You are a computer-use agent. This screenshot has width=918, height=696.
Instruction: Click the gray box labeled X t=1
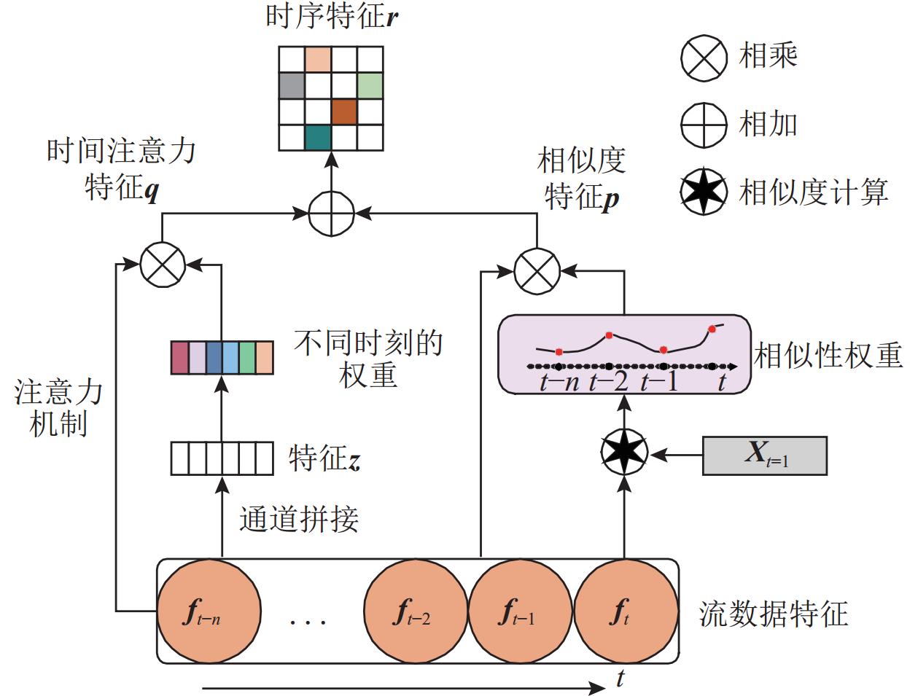[764, 455]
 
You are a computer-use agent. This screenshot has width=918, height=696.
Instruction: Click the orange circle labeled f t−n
[209, 611]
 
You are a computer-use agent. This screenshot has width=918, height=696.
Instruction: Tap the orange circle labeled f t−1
[519, 611]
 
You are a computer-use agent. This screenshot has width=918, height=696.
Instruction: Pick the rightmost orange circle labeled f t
[624, 611]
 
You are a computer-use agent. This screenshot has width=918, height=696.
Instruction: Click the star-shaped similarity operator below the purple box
[624, 453]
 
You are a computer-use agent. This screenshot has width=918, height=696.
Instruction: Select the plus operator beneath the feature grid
[331, 214]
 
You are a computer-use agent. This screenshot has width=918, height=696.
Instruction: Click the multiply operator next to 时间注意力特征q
[163, 265]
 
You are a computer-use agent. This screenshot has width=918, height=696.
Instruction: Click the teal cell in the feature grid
[318, 137]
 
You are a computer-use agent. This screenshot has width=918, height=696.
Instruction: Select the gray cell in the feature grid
[292, 85]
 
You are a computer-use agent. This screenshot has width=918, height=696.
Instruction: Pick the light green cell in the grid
[370, 85]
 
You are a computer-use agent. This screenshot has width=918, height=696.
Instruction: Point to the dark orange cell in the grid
[344, 112]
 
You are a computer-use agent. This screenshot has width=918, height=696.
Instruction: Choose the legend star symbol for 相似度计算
[704, 192]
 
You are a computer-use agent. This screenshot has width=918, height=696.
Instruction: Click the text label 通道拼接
[299, 519]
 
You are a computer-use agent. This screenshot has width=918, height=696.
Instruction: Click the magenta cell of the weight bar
[179, 357]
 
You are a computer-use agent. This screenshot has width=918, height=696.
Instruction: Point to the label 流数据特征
[774, 614]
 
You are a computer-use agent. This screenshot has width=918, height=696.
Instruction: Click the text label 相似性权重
[828, 356]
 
